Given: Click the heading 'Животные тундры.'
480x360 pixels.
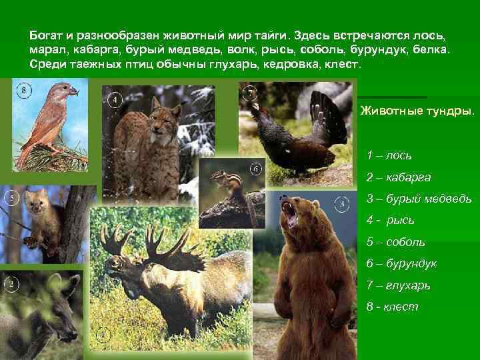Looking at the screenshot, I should pyautogui.click(x=417, y=111).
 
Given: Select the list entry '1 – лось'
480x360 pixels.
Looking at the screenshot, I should pyautogui.click(x=389, y=155).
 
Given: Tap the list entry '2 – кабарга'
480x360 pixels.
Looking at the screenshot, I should pyautogui.click(x=398, y=177).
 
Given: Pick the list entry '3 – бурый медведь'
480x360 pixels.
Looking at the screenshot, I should pyautogui.click(x=419, y=199).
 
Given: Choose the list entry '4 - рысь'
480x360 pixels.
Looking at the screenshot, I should pyautogui.click(x=390, y=220).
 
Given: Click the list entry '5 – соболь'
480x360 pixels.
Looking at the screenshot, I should pyautogui.click(x=395, y=242).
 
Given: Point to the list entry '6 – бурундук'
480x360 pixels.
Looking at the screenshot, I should pyautogui.click(x=401, y=263).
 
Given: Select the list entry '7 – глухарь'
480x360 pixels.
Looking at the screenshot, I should pyautogui.click(x=398, y=285).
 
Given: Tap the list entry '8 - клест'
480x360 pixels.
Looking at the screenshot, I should pyautogui.click(x=392, y=307).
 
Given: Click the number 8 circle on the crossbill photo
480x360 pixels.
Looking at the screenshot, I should pyautogui.click(x=24, y=90).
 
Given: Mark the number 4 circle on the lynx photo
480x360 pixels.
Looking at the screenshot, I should pyautogui.click(x=115, y=100).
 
